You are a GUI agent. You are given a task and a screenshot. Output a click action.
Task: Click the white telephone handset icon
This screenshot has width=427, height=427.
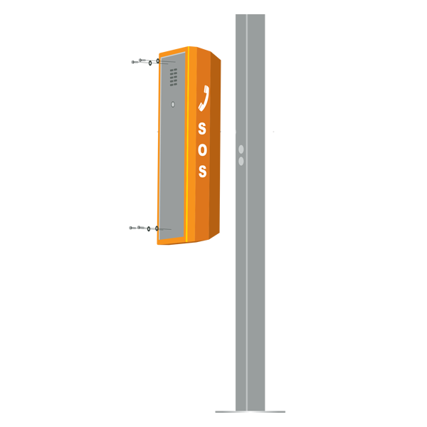click(x=204, y=98)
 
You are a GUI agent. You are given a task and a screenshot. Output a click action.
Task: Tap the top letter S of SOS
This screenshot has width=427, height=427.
click(x=202, y=129)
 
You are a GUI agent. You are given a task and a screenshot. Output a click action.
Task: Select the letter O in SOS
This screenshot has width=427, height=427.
click(x=202, y=149)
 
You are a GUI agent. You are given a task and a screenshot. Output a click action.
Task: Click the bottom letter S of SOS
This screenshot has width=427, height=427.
click(x=203, y=171)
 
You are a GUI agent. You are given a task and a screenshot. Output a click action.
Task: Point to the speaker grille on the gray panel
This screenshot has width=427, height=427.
click(x=174, y=78)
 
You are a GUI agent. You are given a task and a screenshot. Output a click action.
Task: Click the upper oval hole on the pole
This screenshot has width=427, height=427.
click(x=241, y=149)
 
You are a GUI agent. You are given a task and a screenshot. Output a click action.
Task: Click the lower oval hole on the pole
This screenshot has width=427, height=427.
click(x=241, y=162)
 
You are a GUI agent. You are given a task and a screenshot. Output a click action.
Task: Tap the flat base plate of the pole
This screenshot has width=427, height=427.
click(x=251, y=412)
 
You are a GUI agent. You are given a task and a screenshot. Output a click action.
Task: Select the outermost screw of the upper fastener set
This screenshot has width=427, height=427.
click(x=135, y=62)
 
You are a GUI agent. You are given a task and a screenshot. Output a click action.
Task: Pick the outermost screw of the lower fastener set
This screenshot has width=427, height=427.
click(x=132, y=228)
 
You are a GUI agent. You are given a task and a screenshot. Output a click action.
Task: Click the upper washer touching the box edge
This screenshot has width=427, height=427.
click(x=158, y=61)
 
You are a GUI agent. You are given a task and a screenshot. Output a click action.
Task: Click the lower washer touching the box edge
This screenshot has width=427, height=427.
click(x=157, y=228)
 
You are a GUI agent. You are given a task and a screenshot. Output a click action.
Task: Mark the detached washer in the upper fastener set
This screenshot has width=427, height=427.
click(x=150, y=63)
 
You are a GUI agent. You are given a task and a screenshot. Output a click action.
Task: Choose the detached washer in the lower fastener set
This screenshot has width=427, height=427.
click(x=149, y=228)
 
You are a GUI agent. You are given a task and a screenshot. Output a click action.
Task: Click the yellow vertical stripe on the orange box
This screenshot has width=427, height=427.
click(x=188, y=144)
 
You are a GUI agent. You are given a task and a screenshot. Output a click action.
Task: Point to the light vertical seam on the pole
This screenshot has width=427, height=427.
click(x=247, y=212)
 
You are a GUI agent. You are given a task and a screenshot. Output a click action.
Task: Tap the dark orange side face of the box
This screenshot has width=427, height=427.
click(x=215, y=144)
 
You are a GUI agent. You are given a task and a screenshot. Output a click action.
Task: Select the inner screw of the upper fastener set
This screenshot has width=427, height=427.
click(x=142, y=60)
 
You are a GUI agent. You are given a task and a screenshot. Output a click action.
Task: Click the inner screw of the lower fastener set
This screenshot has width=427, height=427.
click(x=141, y=227)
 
